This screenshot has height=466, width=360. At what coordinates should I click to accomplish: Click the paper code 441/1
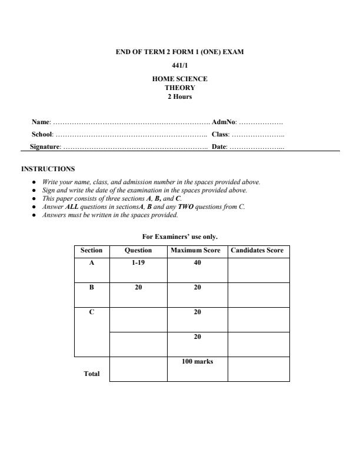[x=179, y=66]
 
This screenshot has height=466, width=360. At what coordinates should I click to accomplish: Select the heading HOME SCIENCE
[x=179, y=79]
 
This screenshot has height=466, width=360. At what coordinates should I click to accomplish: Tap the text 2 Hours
[x=179, y=96]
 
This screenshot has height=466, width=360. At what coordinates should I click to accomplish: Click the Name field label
[x=41, y=122]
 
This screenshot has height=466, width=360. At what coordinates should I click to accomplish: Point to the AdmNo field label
[x=224, y=122]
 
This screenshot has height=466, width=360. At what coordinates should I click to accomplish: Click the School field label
[x=42, y=135]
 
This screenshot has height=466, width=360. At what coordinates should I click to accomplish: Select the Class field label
[x=221, y=135]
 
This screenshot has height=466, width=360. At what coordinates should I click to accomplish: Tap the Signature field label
[x=45, y=147]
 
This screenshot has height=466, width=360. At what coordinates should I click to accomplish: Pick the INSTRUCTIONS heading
[x=48, y=169]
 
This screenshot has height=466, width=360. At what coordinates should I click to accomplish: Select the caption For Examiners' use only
[x=180, y=237]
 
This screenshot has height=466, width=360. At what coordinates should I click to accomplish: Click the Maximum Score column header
[x=197, y=251]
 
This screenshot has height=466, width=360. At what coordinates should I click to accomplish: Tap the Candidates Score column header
[x=258, y=251]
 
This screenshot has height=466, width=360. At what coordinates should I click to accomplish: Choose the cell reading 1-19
[x=138, y=263]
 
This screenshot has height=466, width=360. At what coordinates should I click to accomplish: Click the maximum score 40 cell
[x=197, y=263]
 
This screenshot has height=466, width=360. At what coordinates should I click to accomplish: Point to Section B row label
[x=91, y=288]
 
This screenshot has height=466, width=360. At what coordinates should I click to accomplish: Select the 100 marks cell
[x=197, y=361]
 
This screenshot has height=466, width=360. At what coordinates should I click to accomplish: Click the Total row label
[x=91, y=374]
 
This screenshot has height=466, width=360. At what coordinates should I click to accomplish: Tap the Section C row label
[x=91, y=312]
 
